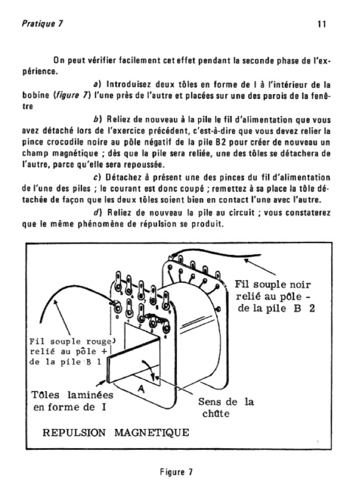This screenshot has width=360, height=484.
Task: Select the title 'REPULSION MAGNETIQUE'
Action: [116, 432]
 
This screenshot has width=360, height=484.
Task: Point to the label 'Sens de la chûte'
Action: [225, 408]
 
